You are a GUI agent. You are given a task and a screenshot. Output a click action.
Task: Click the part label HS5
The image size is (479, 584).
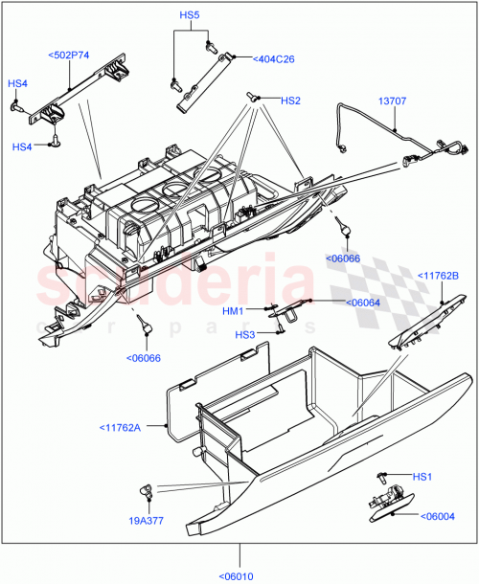(189, 16)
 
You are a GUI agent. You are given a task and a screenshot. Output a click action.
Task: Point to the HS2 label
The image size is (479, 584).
(290, 101)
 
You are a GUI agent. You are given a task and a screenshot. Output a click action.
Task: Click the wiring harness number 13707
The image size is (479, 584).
(391, 101)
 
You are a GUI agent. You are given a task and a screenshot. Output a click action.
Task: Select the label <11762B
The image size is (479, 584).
(440, 277)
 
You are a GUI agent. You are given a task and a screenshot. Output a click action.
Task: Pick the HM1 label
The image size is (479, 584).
(234, 310)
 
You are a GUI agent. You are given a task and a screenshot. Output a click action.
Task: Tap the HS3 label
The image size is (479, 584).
(245, 334)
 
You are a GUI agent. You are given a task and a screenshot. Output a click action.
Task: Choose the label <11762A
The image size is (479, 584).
(119, 427)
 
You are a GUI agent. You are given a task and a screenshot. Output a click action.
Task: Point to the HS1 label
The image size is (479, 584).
(423, 477)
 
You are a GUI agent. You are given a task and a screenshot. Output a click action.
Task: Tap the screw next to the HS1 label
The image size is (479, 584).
(382, 476)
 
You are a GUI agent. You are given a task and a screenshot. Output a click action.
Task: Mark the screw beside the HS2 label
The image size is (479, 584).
(252, 97)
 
